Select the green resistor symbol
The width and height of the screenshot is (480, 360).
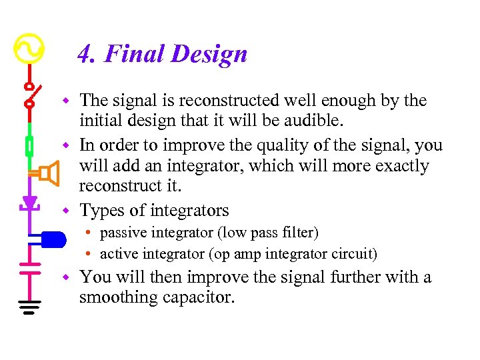(29, 145)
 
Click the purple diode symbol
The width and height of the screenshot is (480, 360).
(29, 202)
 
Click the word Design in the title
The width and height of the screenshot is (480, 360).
(209, 54)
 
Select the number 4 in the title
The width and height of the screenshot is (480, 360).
(85, 54)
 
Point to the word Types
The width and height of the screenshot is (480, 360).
(102, 211)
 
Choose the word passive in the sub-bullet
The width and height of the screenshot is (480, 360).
(122, 233)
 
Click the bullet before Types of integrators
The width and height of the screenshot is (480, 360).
(66, 211)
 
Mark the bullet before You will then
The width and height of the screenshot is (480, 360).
(66, 276)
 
